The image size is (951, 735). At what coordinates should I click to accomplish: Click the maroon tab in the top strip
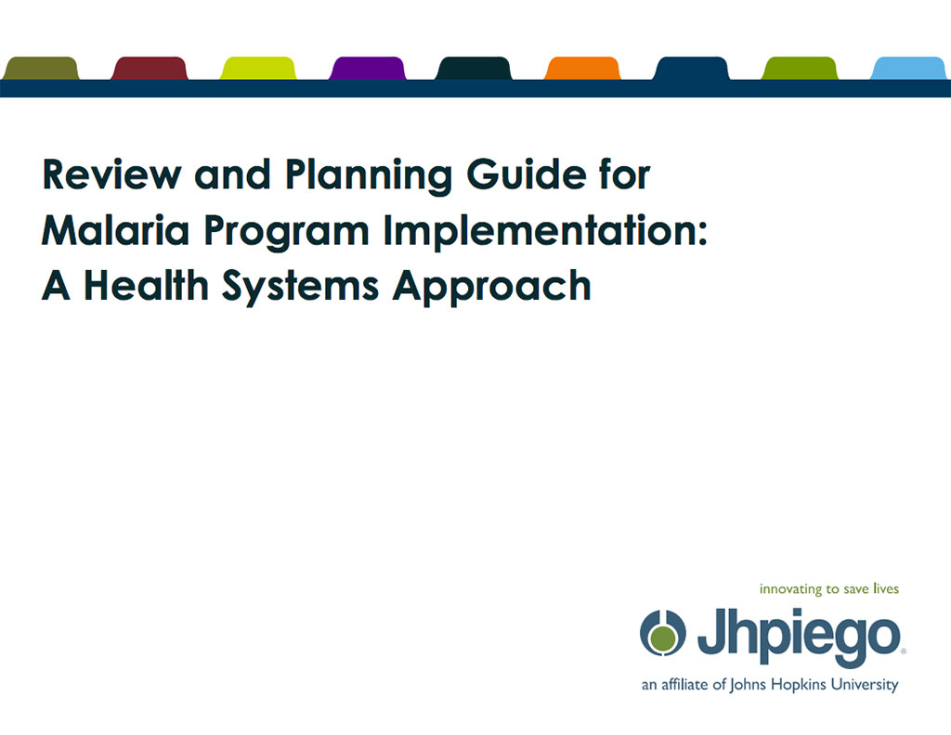coord(150,68)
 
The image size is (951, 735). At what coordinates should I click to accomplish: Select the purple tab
coord(368,68)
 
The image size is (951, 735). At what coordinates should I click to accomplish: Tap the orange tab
coord(583,68)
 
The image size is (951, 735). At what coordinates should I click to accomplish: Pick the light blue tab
coord(910,68)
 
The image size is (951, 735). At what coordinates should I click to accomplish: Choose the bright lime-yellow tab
coord(258,68)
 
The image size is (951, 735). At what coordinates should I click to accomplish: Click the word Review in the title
coord(112,174)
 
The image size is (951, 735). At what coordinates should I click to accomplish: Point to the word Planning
coord(369,176)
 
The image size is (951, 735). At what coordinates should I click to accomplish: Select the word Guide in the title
coord(527,174)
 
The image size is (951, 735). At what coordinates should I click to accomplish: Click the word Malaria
coord(115,230)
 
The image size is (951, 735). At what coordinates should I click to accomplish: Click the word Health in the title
coord(146,286)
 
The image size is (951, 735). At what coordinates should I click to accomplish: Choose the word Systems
coord(301,287)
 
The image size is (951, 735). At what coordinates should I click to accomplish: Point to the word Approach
coord(492,287)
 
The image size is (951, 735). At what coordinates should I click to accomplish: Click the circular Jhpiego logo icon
coord(663,633)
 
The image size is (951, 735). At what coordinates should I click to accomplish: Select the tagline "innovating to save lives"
coord(829,589)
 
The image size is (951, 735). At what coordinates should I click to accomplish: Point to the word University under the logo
coord(865,685)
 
